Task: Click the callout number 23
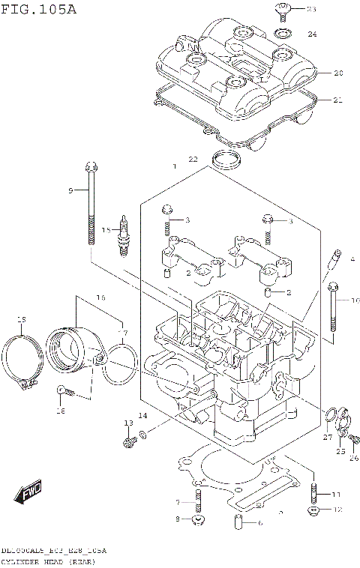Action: click(x=311, y=10)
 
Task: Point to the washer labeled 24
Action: click(x=284, y=34)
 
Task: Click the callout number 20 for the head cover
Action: click(x=337, y=73)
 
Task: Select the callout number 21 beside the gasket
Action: click(x=337, y=100)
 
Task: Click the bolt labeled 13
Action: click(x=128, y=442)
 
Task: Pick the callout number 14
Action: click(x=142, y=416)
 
